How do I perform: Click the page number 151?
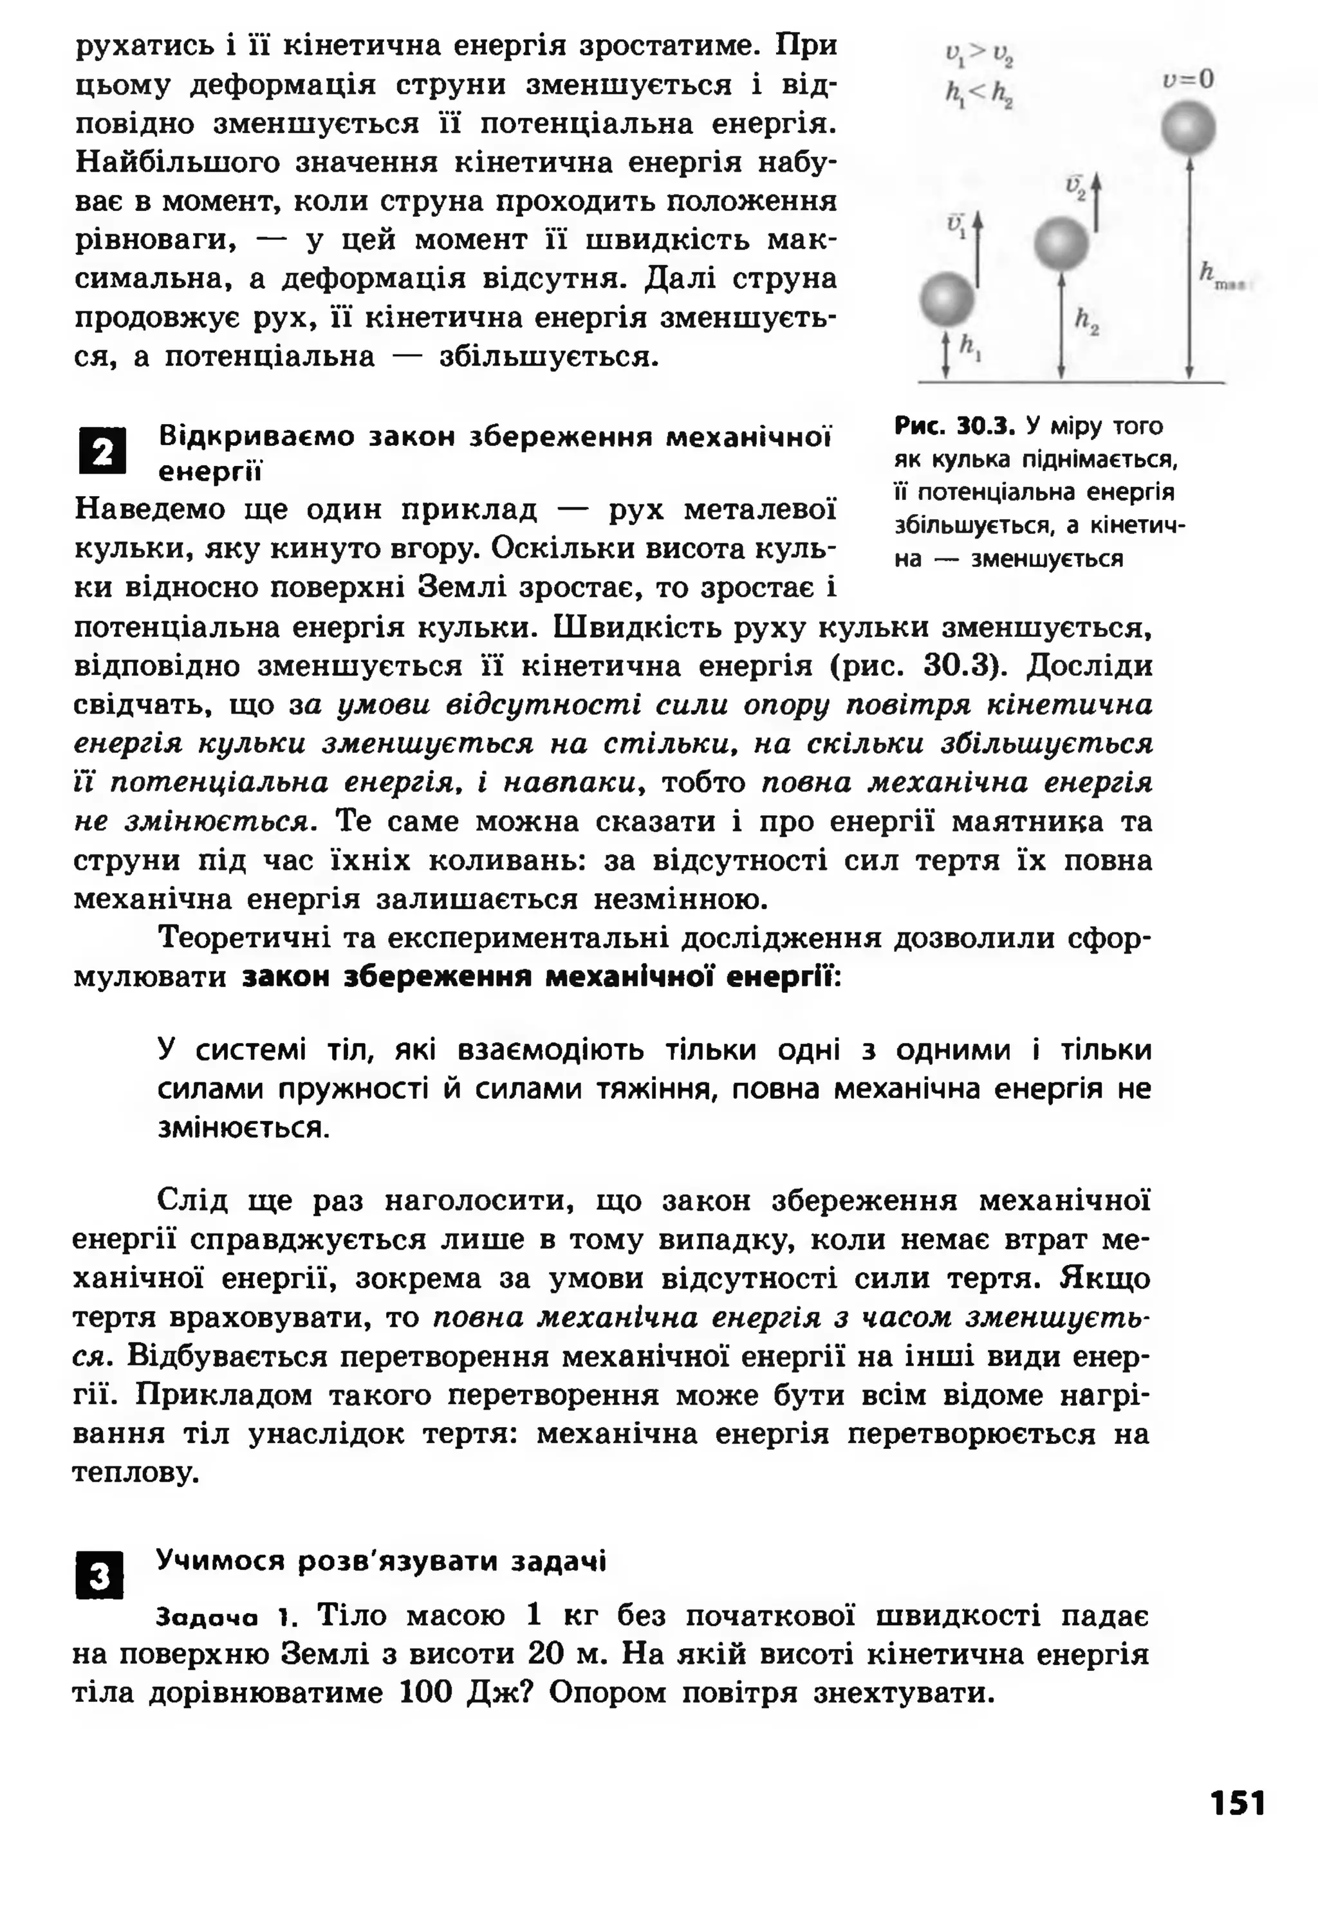[x=1237, y=1802]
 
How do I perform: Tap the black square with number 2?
[x=102, y=452]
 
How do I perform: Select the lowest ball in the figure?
[x=947, y=299]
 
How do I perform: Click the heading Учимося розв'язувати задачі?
[x=381, y=1562]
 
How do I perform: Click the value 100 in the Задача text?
[x=426, y=1693]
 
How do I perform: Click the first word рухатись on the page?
[x=147, y=46]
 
